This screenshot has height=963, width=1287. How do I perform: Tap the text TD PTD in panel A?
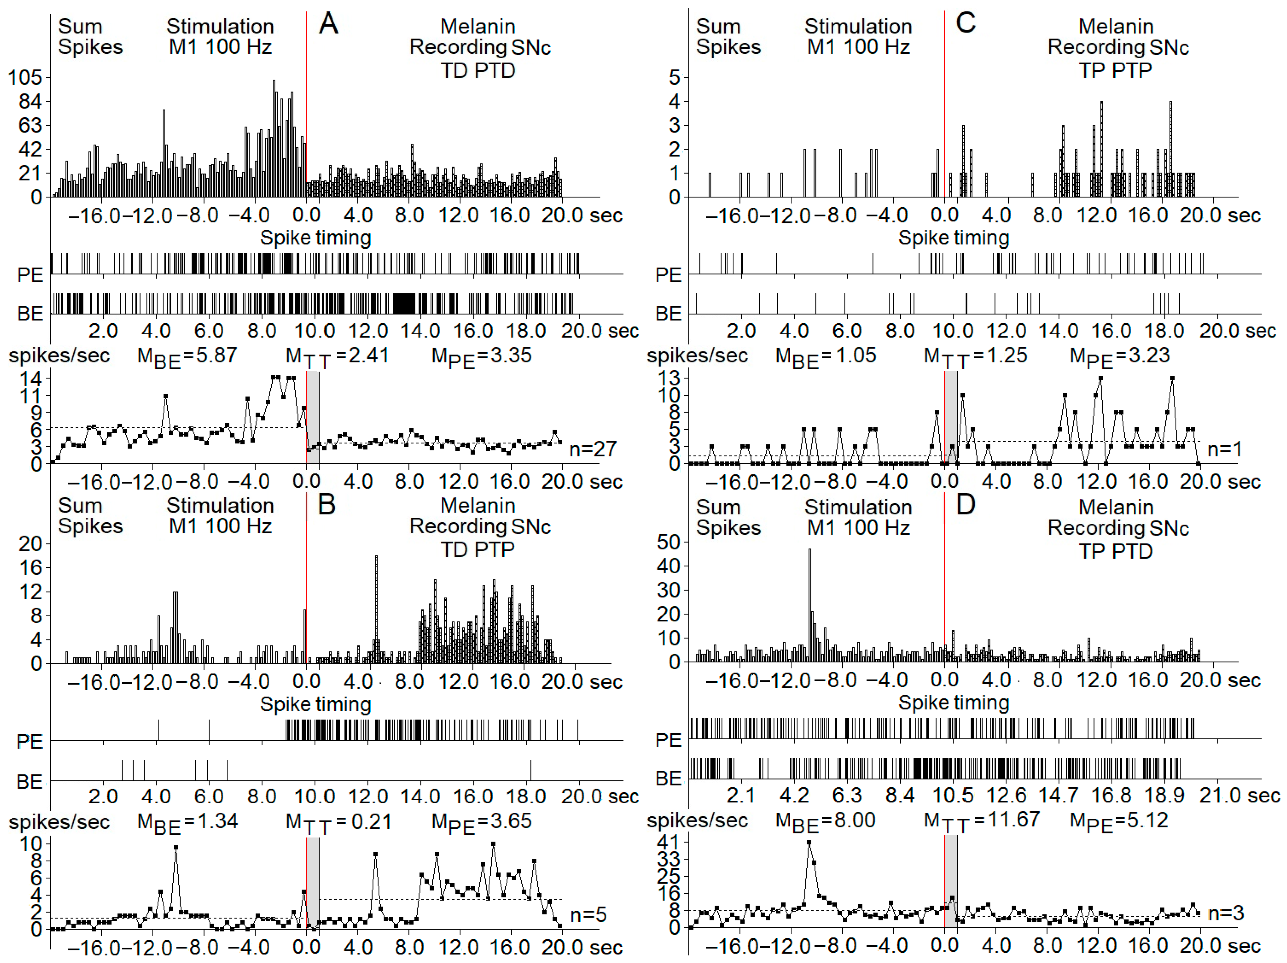[478, 70]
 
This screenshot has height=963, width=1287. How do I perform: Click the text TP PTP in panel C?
[1115, 70]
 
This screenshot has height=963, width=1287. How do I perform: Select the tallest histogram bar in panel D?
[809, 605]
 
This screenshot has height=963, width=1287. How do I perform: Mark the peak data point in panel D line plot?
[809, 842]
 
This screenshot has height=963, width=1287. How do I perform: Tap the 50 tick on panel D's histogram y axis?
[668, 542]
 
